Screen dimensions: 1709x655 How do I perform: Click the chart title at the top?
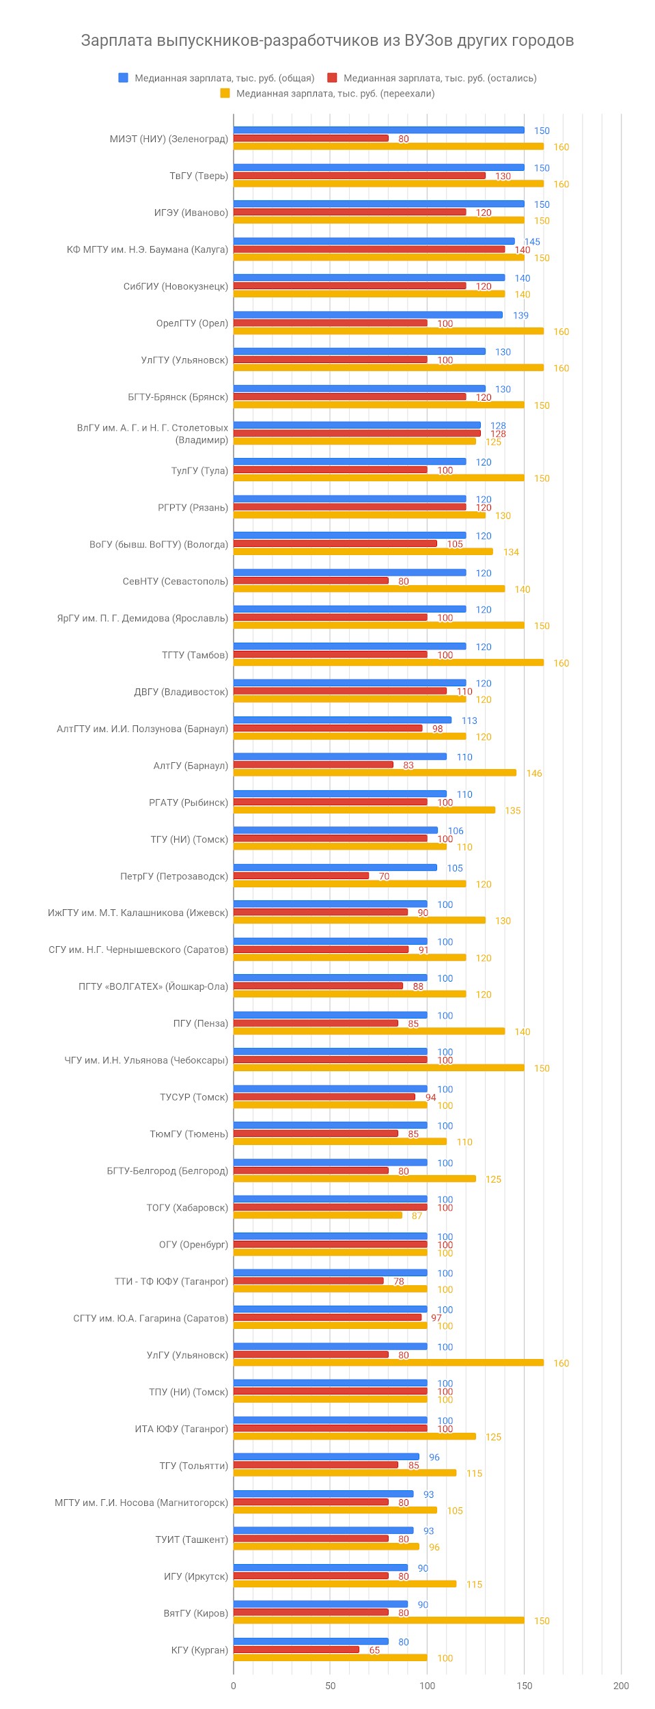[x=327, y=40]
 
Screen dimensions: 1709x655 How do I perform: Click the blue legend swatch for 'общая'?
[x=124, y=78]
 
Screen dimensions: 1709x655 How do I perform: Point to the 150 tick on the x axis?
[x=524, y=1685]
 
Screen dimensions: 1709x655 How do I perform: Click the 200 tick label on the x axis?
[x=621, y=1685]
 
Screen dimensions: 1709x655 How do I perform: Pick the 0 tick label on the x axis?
[x=234, y=1685]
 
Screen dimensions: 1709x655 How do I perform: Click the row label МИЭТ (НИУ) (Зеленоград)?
[x=169, y=139]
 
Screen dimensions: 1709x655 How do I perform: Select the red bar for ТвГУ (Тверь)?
[x=359, y=176]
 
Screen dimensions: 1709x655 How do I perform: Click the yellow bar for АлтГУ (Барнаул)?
[x=375, y=772]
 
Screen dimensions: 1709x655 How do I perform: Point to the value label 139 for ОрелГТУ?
[x=520, y=315]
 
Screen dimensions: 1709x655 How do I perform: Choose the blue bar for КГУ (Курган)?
[x=311, y=1641]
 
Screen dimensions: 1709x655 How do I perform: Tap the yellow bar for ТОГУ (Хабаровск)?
[x=318, y=1215]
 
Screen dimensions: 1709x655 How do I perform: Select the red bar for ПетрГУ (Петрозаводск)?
[x=301, y=876]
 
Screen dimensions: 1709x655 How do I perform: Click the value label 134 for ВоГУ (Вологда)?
[x=511, y=552]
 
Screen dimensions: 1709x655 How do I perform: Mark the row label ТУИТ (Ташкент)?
[x=191, y=1539]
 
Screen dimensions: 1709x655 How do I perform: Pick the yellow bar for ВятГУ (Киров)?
[x=379, y=1620]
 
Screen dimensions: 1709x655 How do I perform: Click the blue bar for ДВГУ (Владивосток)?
[x=350, y=683]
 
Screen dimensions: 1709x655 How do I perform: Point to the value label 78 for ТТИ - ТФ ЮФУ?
[x=399, y=1281]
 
